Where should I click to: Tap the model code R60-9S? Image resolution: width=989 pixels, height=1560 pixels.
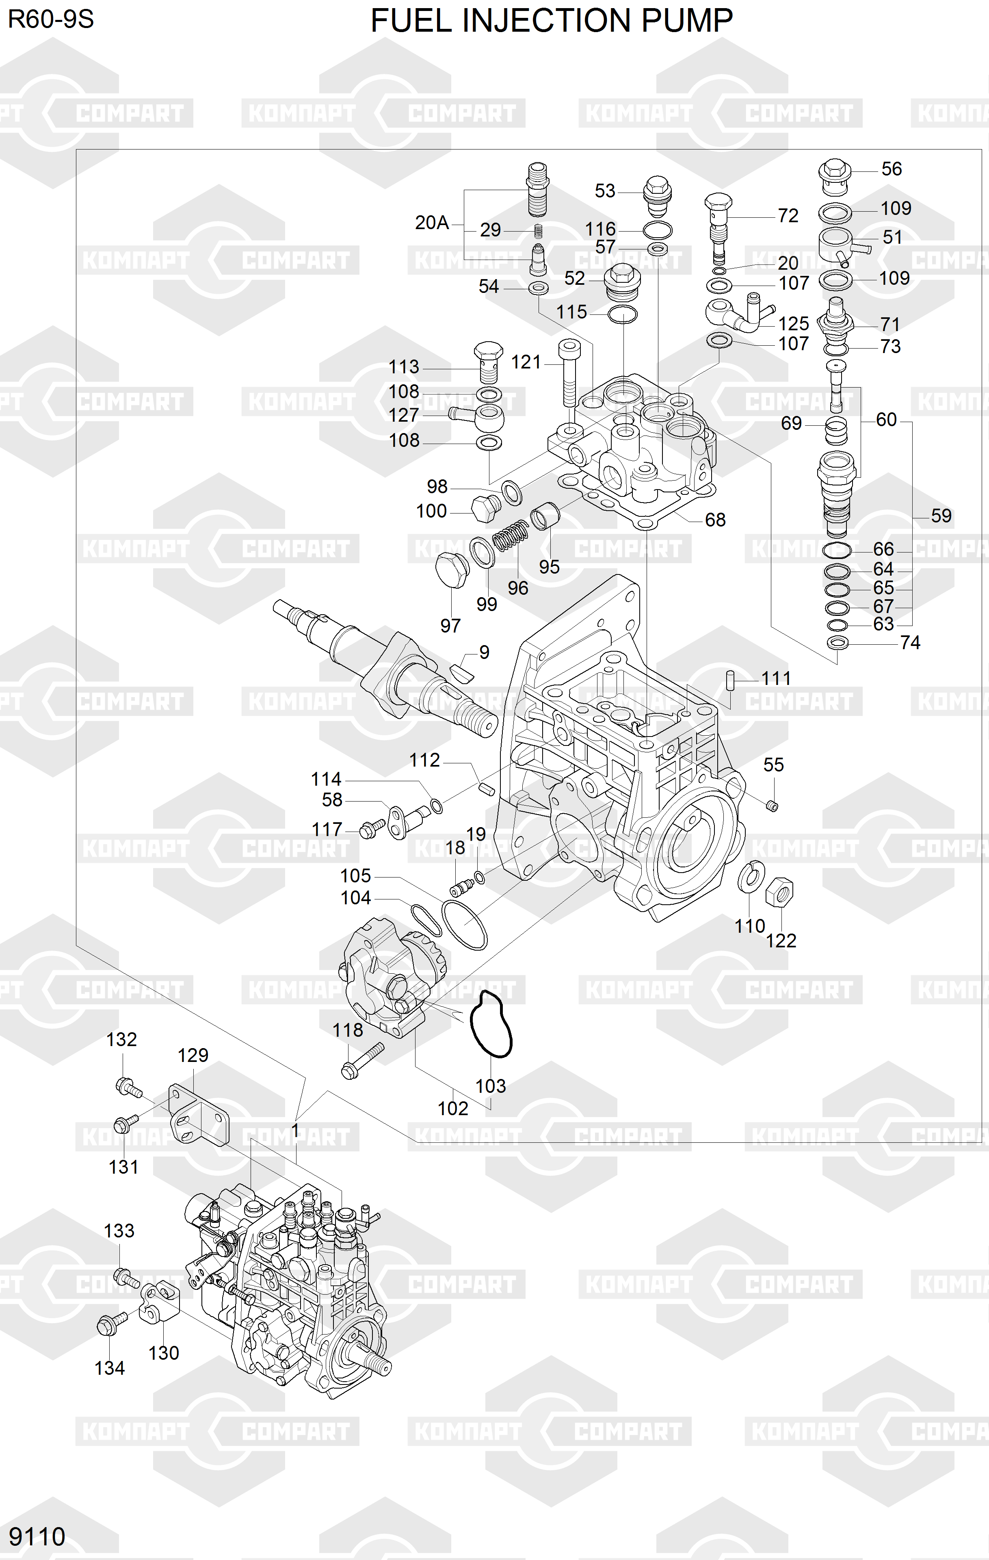(x=50, y=19)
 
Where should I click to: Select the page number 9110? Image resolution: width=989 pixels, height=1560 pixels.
(x=37, y=1536)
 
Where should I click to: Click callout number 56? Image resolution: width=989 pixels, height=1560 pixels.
(x=891, y=169)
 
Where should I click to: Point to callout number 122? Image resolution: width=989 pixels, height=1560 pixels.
(x=781, y=940)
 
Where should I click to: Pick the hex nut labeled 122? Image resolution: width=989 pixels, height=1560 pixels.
(x=779, y=893)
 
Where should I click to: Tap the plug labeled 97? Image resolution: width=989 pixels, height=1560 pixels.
(x=451, y=570)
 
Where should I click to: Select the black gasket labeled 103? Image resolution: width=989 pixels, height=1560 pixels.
(x=490, y=1024)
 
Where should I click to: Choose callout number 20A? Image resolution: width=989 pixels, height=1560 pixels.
(x=432, y=223)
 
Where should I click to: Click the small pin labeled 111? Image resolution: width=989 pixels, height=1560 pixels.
(x=730, y=682)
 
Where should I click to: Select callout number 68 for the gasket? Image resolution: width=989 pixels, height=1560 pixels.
(x=715, y=520)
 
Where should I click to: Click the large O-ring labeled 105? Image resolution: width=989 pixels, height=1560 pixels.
(x=464, y=925)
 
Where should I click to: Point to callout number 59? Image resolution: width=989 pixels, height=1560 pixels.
(x=941, y=516)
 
